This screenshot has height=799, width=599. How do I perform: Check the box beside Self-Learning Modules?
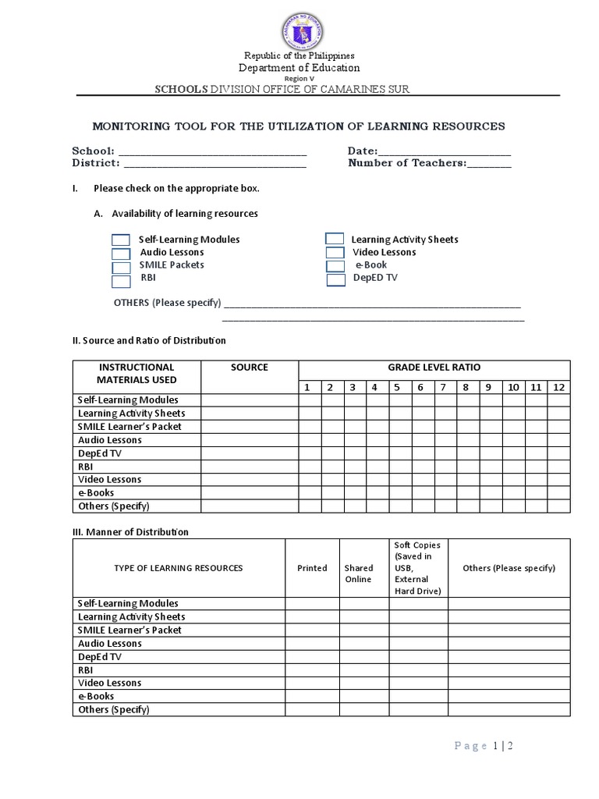[121, 240]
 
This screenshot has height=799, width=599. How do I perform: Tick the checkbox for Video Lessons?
[335, 253]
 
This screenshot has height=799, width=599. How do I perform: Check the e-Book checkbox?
[335, 266]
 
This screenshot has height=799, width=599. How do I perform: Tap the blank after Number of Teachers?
[489, 164]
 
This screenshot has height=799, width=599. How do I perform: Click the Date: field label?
[363, 151]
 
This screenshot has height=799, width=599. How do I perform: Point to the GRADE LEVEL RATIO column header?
[434, 368]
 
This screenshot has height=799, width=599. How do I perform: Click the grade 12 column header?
[558, 388]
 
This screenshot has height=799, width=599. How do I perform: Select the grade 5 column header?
[396, 388]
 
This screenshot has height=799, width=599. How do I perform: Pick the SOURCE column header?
[250, 368]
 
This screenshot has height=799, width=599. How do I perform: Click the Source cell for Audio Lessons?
[250, 440]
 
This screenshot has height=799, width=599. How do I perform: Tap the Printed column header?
[312, 568]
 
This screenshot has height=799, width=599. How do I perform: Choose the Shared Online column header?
[359, 574]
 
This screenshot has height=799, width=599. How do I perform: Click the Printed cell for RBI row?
[312, 669]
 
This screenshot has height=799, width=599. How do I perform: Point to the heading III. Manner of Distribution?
[131, 532]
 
